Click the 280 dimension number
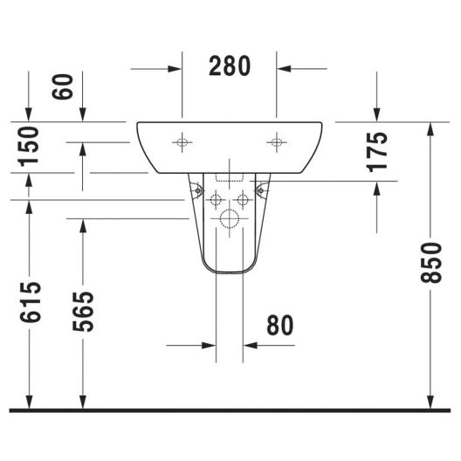(x=230, y=66)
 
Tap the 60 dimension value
(x=62, y=86)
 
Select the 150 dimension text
(x=28, y=147)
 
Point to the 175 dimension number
(x=377, y=152)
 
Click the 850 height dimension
(x=431, y=263)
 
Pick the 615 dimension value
(x=31, y=301)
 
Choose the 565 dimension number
(x=83, y=312)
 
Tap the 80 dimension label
(x=280, y=325)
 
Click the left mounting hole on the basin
(x=182, y=142)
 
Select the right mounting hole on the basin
(x=277, y=142)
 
